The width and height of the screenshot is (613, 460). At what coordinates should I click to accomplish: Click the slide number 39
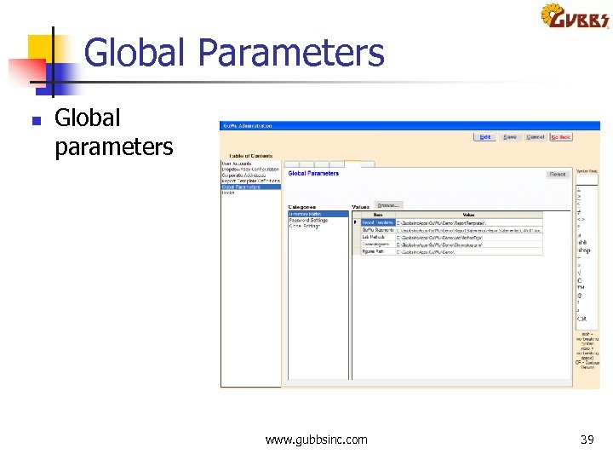pos(587,440)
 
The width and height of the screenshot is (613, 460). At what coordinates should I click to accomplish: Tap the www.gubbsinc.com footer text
pos(317,440)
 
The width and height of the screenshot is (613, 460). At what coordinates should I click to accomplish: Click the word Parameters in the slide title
pos(291,53)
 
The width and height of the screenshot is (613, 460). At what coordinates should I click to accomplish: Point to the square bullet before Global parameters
pos(36,121)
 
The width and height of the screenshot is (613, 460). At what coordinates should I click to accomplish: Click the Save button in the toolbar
pos(509,136)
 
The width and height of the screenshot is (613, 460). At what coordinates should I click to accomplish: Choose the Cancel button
pos(536,136)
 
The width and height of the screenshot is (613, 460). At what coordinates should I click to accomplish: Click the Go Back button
pos(560,136)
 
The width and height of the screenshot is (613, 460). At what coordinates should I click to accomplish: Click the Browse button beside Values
pos(387,205)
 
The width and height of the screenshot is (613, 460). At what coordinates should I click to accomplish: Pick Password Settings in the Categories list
pos(308,220)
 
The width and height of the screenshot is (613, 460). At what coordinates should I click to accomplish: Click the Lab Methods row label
pos(373,237)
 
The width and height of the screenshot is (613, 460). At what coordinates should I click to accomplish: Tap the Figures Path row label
pos(373,251)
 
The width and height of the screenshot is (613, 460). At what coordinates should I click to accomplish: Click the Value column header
pos(468,215)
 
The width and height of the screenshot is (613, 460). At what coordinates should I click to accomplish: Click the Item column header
pos(378,215)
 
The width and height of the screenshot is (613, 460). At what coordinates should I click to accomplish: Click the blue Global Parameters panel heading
pos(313,173)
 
